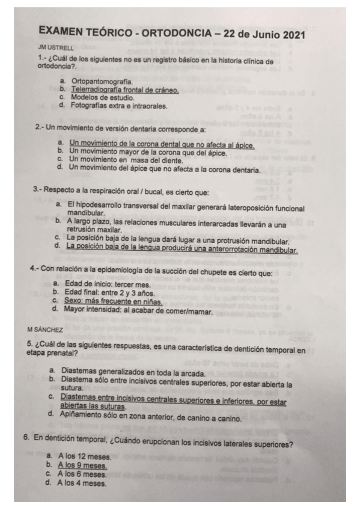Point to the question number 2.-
(x=40, y=128)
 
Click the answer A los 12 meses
(x=81, y=457)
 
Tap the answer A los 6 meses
(x=81, y=474)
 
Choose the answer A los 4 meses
(x=80, y=482)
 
